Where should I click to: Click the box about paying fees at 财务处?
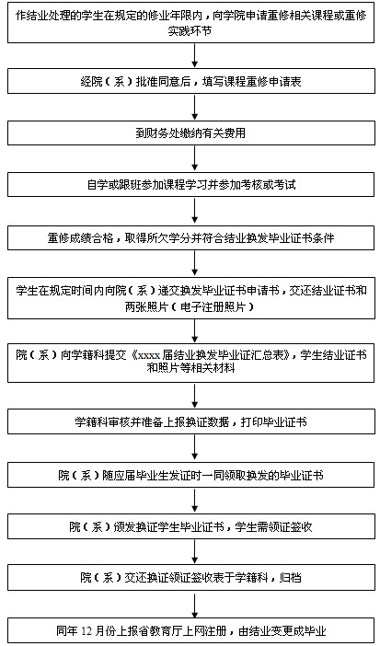point(191,133)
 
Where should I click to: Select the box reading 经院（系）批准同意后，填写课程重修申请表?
point(191,82)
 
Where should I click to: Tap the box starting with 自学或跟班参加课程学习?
point(191,185)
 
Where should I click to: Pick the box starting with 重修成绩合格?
point(191,238)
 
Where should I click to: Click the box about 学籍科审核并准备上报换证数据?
point(191,422)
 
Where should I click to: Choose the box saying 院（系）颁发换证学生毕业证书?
point(191,527)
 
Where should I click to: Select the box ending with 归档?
point(191,578)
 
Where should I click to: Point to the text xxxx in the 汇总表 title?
point(149,355)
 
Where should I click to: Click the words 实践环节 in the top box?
point(190,31)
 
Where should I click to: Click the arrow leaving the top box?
point(195,56)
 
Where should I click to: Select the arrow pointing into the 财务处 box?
point(195,108)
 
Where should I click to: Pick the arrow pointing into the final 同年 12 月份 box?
point(195,604)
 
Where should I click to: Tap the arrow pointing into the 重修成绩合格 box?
point(195,212)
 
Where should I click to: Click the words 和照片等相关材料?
point(190,367)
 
